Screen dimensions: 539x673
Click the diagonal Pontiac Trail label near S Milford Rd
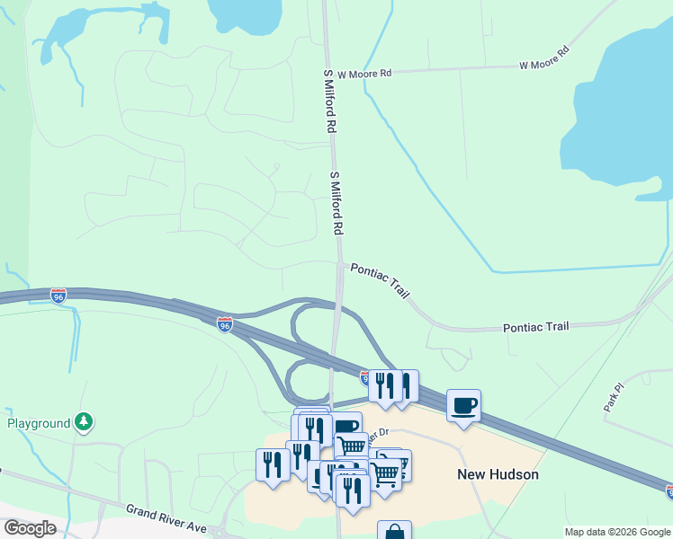pyautogui.click(x=381, y=281)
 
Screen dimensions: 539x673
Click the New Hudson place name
pyautogui.click(x=498, y=474)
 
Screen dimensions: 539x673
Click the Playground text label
pyautogui.click(x=39, y=423)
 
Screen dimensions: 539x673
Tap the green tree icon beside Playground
pyautogui.click(x=84, y=420)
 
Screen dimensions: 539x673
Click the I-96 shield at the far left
pyautogui.click(x=58, y=296)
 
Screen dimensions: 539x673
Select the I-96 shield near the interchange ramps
pyautogui.click(x=225, y=323)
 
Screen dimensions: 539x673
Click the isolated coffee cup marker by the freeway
pyautogui.click(x=463, y=405)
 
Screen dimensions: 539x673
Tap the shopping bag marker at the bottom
pyautogui.click(x=394, y=532)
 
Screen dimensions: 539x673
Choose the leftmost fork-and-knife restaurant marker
pyautogui.click(x=272, y=464)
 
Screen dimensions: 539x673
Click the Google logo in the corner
pyautogui.click(x=30, y=528)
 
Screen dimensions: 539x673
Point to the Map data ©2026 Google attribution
pyautogui.click(x=616, y=532)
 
